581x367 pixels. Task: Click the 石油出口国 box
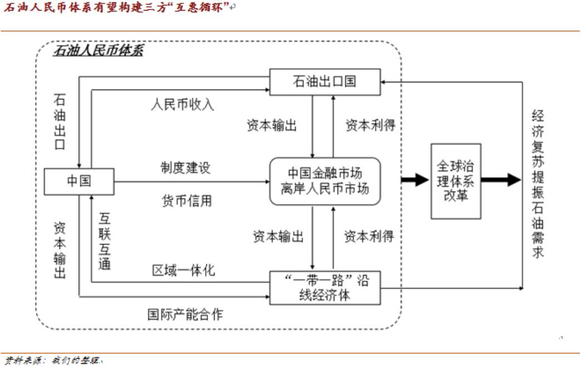[x=325, y=81]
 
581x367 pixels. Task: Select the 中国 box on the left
[x=79, y=181]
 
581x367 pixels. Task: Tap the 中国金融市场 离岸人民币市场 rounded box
[x=325, y=181]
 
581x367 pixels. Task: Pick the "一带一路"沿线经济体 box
[x=325, y=287]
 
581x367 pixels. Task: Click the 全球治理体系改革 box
[x=456, y=181]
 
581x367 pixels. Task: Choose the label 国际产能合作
[x=185, y=314]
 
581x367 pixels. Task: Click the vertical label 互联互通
[x=105, y=240]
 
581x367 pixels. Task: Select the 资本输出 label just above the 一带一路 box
[x=279, y=237]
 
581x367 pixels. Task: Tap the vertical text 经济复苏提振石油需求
[x=538, y=183]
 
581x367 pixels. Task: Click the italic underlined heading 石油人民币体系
[x=98, y=52]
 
